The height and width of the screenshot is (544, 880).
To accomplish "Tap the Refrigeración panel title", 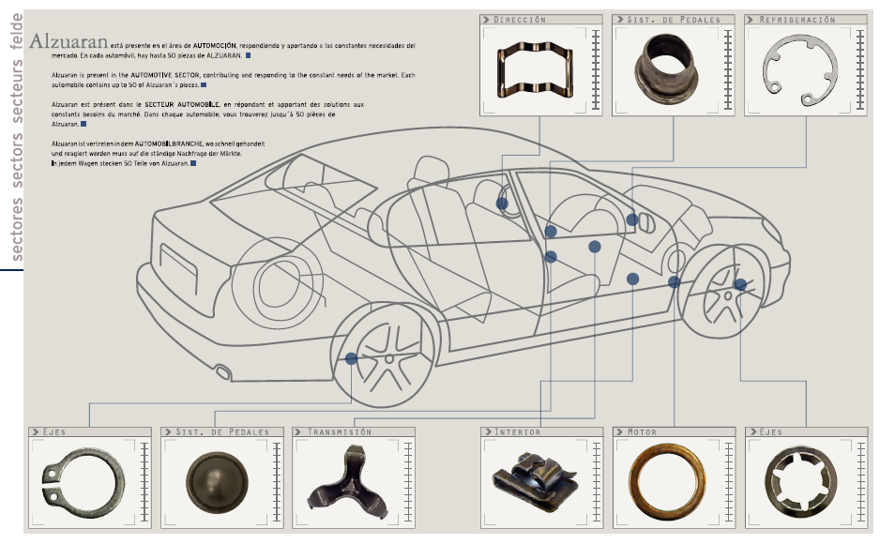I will click(797, 19).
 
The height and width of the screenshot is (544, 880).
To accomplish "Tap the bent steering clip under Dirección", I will click(537, 70).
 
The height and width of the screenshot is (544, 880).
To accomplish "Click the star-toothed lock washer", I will click(800, 482).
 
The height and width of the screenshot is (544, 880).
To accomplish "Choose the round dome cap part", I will click(215, 482).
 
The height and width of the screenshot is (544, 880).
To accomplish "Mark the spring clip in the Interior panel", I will click(532, 479).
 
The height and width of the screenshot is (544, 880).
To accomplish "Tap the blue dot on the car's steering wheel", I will click(502, 203).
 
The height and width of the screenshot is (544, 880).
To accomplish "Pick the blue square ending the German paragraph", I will click(193, 163).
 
